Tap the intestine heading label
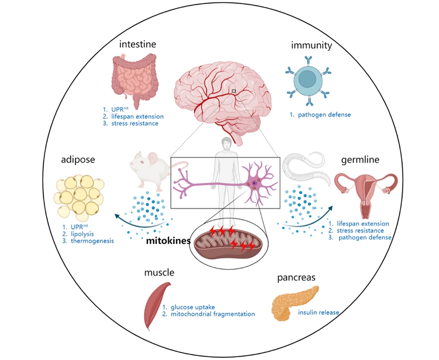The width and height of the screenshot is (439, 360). [138, 44]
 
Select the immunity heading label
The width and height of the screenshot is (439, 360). [311, 46]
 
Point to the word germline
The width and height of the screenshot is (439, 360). [360, 160]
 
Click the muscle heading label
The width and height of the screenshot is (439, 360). [159, 272]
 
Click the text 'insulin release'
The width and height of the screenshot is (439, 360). [319, 312]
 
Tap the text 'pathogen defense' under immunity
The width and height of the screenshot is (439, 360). [324, 115]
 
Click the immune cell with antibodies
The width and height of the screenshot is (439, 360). [308, 80]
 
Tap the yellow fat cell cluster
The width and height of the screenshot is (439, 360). [80, 195]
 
